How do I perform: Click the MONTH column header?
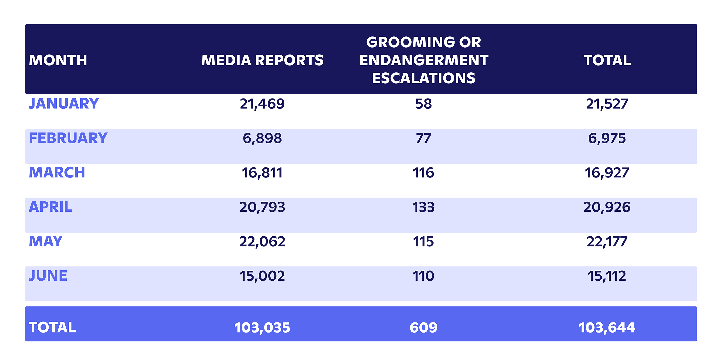point(58,60)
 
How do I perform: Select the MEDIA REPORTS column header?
point(262,60)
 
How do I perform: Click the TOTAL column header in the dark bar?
point(607,60)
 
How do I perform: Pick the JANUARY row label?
point(64,104)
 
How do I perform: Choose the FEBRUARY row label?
point(68,138)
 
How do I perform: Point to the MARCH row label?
point(57,172)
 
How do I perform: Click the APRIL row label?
point(51,207)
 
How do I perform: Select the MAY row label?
point(45,241)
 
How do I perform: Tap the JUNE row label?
point(48,276)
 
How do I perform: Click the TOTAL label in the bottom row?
point(52,328)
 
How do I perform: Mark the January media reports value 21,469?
point(262,104)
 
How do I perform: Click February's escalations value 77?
point(423,138)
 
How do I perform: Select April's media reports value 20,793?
point(262,207)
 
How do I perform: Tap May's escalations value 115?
point(423,242)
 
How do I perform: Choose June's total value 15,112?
point(607,276)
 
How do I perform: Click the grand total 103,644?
point(607,328)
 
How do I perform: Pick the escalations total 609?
point(423,328)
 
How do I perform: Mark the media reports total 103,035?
point(262,328)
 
